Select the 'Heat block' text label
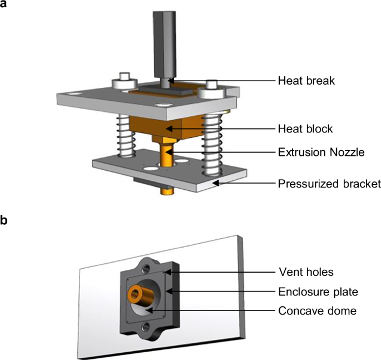(x=305, y=129)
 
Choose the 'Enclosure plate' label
(x=311, y=290)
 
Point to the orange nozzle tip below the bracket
(x=165, y=191)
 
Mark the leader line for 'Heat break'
(x=222, y=81)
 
